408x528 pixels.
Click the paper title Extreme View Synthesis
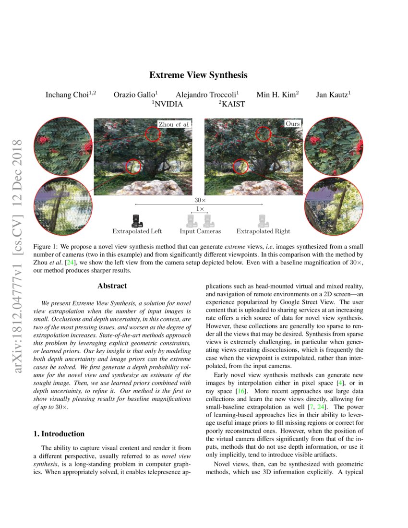pyautogui.click(x=198, y=75)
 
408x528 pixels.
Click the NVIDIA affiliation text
pyautogui.click(x=168, y=104)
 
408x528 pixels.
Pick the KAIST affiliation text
pyautogui.click(x=232, y=104)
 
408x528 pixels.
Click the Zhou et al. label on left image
pyautogui.click(x=174, y=124)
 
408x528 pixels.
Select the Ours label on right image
pyautogui.click(x=292, y=124)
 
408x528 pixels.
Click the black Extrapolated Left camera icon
pyautogui.click(x=137, y=221)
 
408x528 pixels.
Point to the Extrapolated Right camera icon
pyautogui.click(x=263, y=221)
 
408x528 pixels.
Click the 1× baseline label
pyautogui.click(x=199, y=209)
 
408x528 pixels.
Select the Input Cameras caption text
pyautogui.click(x=200, y=231)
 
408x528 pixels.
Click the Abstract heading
pyautogui.click(x=112, y=286)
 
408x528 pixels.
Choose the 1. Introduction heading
pyautogui.click(x=59, y=434)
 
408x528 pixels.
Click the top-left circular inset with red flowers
pyautogui.click(x=63, y=146)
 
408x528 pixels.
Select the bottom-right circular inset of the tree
pyautogui.click(x=334, y=206)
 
